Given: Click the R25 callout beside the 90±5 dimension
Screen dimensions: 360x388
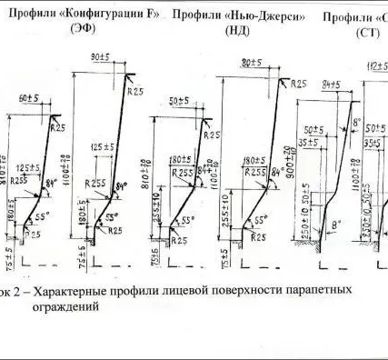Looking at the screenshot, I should pyautogui.click(x=137, y=91).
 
